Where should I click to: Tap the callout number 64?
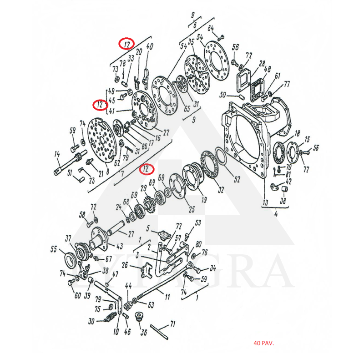(211, 29)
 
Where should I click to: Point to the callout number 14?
(57, 155)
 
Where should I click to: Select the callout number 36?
(144, 332)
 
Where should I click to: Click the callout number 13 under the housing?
(266, 202)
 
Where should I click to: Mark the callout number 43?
(120, 246)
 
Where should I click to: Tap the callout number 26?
(124, 264)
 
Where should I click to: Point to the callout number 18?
(297, 133)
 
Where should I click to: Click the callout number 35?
(192, 42)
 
